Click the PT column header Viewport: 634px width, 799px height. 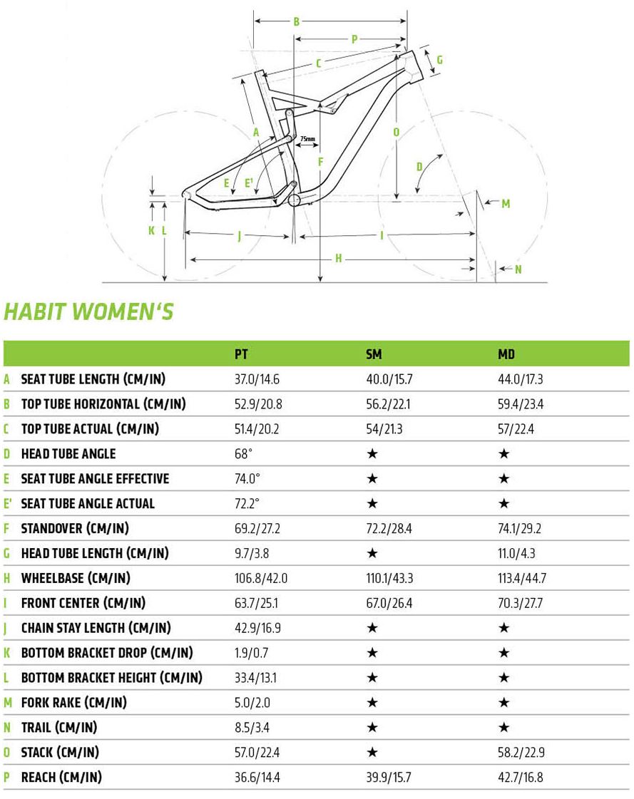[x=242, y=354]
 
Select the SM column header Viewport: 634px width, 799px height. [x=373, y=354]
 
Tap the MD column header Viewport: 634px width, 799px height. [x=506, y=354]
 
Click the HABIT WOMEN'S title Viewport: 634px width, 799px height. [x=89, y=312]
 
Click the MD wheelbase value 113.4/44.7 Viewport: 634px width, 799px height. [x=521, y=578]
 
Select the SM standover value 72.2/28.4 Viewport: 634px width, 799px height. [x=389, y=528]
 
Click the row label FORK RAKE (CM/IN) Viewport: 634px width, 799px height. [x=73, y=703]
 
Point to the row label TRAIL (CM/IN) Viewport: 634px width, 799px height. [x=59, y=728]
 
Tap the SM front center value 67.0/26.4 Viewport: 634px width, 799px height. [x=389, y=603]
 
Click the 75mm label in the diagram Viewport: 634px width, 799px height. [x=307, y=138]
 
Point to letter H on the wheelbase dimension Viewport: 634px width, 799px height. [x=339, y=259]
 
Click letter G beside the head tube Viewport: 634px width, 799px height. [x=439, y=60]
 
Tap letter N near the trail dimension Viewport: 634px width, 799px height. [x=518, y=269]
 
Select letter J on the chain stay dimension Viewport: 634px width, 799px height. [x=239, y=236]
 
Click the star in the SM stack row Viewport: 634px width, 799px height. [x=372, y=753]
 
